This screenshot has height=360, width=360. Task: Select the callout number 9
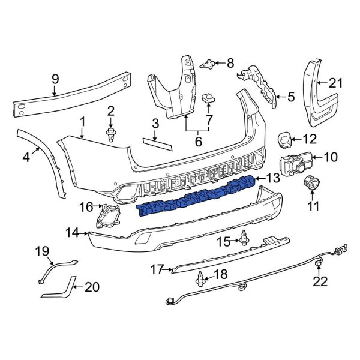[x=55, y=78]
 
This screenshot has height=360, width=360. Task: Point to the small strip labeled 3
[x=156, y=143]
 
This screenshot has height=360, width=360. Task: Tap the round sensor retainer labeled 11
[x=311, y=184]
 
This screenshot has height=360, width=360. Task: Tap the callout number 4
[x=26, y=158]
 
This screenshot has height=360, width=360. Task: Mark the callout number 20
[x=91, y=287]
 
